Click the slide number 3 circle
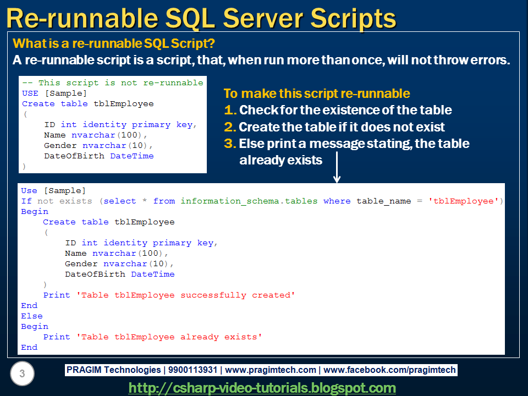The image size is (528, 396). pos(22,375)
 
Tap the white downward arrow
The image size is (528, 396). pos(337,170)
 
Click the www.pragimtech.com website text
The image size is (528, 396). pos(271,370)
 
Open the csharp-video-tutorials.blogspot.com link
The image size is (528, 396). pos(262,388)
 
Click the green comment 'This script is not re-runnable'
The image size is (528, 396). pos(113,83)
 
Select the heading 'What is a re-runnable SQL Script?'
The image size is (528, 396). pos(113,44)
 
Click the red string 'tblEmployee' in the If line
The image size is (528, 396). pos(463,201)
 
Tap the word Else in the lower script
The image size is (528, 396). pos(31,316)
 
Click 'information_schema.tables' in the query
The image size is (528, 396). pos(249,201)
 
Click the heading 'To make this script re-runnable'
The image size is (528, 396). pos(316,94)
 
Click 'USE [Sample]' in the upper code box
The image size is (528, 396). pos(54,94)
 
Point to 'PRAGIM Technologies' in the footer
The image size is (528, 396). pos(113,370)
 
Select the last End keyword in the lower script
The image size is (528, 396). pos(29,348)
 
